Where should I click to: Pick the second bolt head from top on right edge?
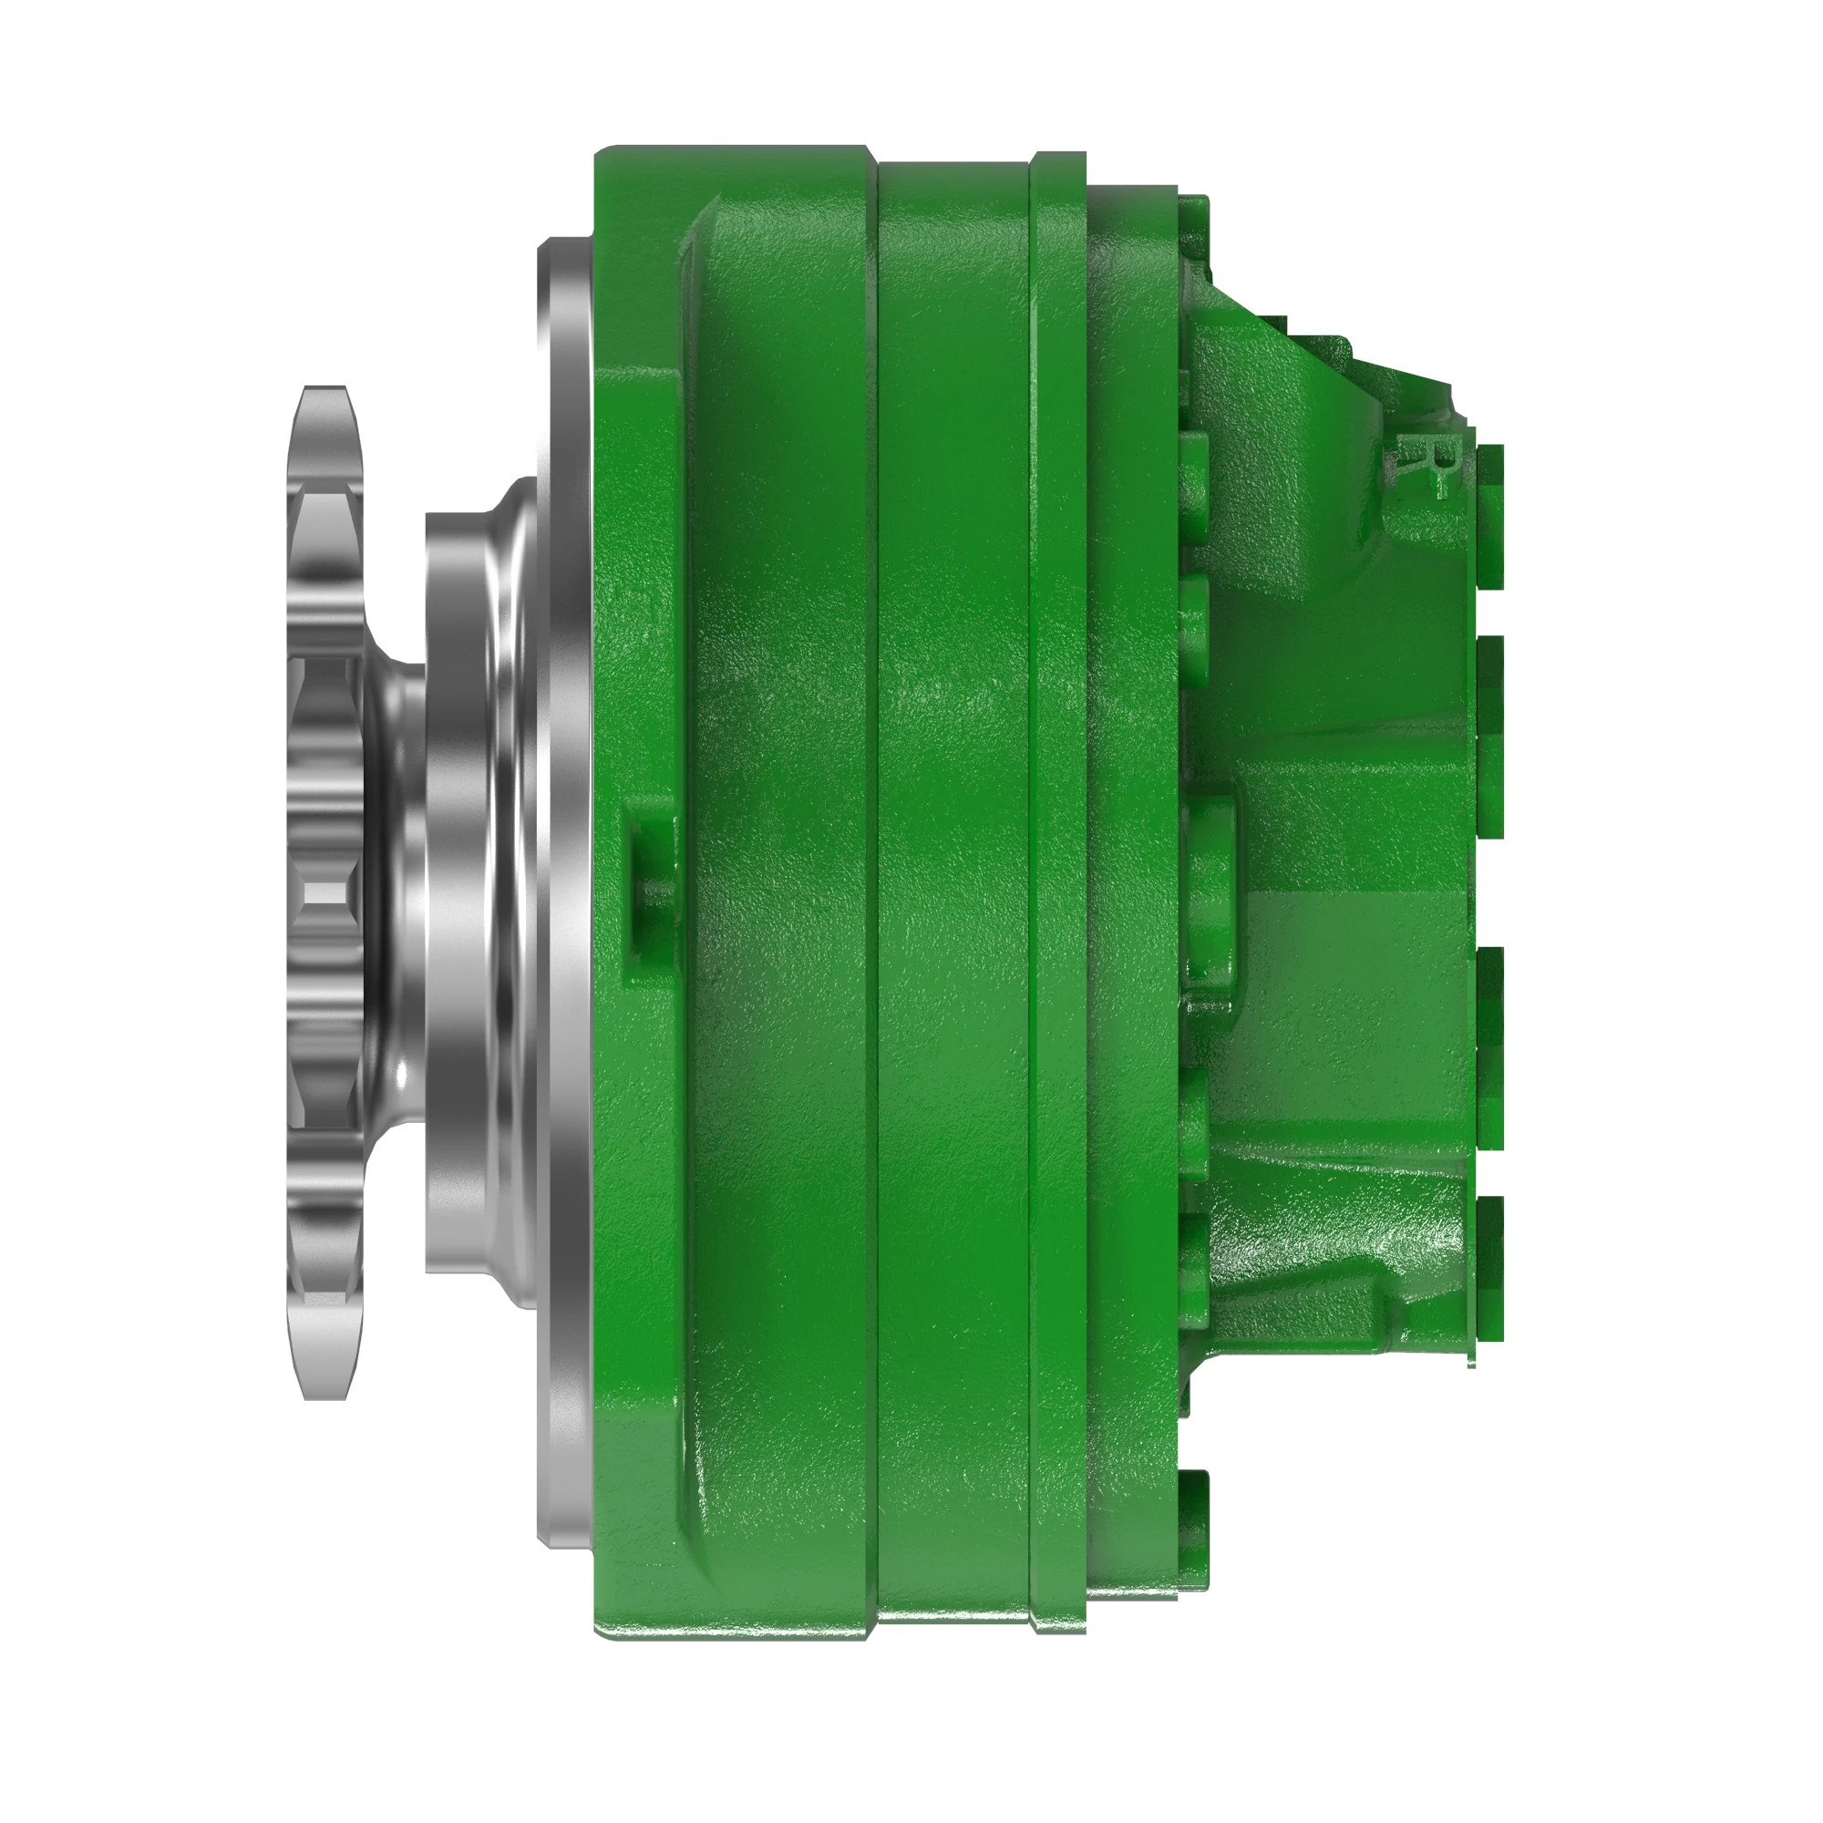(x=1489, y=736)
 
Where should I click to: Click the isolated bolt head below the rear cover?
(x=1194, y=1509)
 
